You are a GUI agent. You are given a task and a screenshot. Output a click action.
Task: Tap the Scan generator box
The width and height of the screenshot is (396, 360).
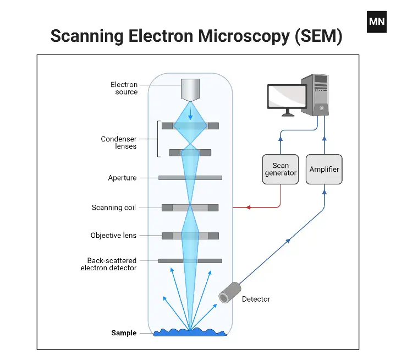click(280, 169)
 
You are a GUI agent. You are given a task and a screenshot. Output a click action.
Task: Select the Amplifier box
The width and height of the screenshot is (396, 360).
click(324, 169)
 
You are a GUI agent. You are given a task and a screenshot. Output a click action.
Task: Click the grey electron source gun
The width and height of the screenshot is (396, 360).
click(190, 91)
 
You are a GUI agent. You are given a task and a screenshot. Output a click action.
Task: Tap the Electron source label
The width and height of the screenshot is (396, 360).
click(124, 88)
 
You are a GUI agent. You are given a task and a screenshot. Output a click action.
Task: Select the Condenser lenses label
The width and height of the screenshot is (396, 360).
click(118, 143)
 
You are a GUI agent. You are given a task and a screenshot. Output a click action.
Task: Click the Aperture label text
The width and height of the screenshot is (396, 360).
click(122, 178)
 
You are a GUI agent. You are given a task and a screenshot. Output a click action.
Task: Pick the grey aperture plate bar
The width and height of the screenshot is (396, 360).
click(190, 178)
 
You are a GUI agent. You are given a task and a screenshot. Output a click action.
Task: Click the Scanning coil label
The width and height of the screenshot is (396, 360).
click(113, 208)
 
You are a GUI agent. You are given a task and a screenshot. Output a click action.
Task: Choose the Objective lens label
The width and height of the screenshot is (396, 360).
click(113, 236)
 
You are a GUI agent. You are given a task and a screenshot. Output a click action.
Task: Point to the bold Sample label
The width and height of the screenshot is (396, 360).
click(124, 333)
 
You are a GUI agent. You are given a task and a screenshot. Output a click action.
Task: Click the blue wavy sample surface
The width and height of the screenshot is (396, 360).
click(190, 332)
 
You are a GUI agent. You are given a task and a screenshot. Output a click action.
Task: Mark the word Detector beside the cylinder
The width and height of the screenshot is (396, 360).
click(256, 299)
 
